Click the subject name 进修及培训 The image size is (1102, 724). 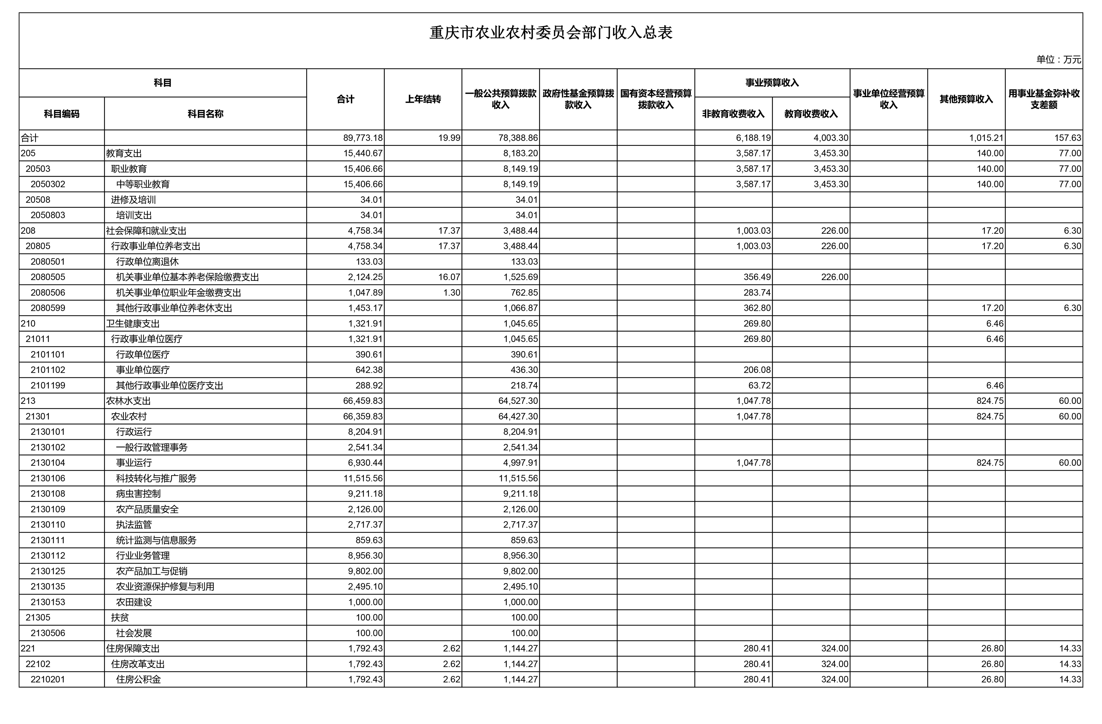[x=133, y=200]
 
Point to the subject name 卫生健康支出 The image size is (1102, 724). [x=133, y=323]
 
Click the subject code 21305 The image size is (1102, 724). [x=38, y=617]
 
